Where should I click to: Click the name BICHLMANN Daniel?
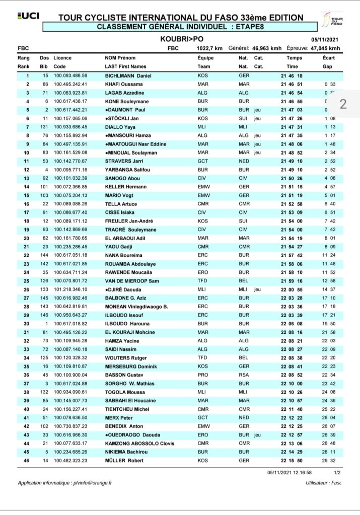click(x=127, y=76)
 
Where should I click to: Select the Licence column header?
click(x=63, y=58)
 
